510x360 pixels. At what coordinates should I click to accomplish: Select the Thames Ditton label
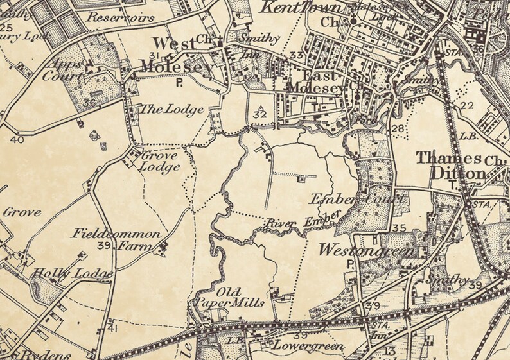click(x=449, y=166)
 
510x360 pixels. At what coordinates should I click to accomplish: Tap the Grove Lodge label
click(x=160, y=161)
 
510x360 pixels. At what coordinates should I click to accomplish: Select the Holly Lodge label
click(x=74, y=274)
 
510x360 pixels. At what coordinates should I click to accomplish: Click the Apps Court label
click(x=67, y=71)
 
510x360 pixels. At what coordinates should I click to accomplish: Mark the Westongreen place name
click(x=365, y=250)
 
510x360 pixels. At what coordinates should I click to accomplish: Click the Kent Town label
click(x=296, y=8)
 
